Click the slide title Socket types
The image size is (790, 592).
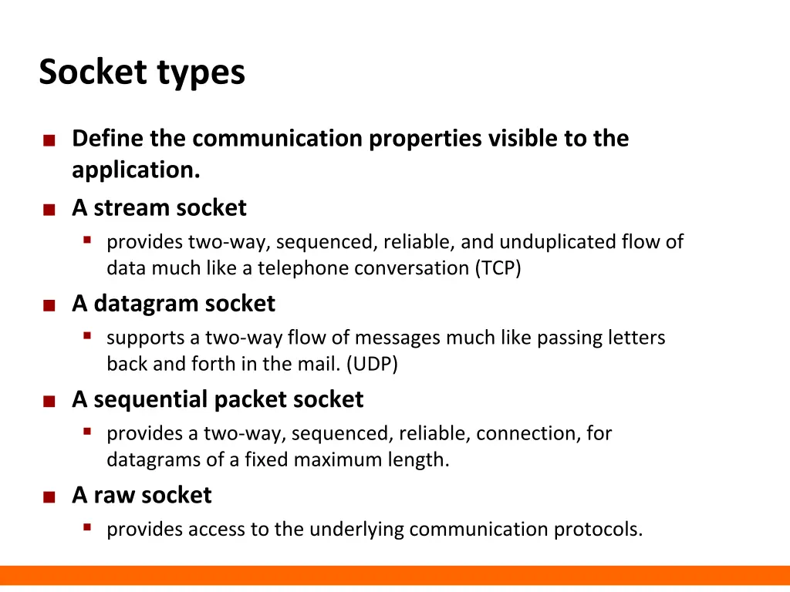click(142, 73)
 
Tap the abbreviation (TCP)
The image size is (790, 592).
click(498, 268)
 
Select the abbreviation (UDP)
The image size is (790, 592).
click(373, 364)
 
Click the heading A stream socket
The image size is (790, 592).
click(159, 208)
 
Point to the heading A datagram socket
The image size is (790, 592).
click(173, 304)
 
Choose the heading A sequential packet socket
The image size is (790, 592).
click(218, 399)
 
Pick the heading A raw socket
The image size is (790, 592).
click(141, 495)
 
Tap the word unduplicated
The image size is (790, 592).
click(558, 242)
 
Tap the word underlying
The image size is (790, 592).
click(358, 530)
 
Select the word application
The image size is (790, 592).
click(136, 170)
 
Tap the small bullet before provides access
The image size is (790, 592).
click(87, 527)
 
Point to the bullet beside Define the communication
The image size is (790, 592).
click(49, 141)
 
